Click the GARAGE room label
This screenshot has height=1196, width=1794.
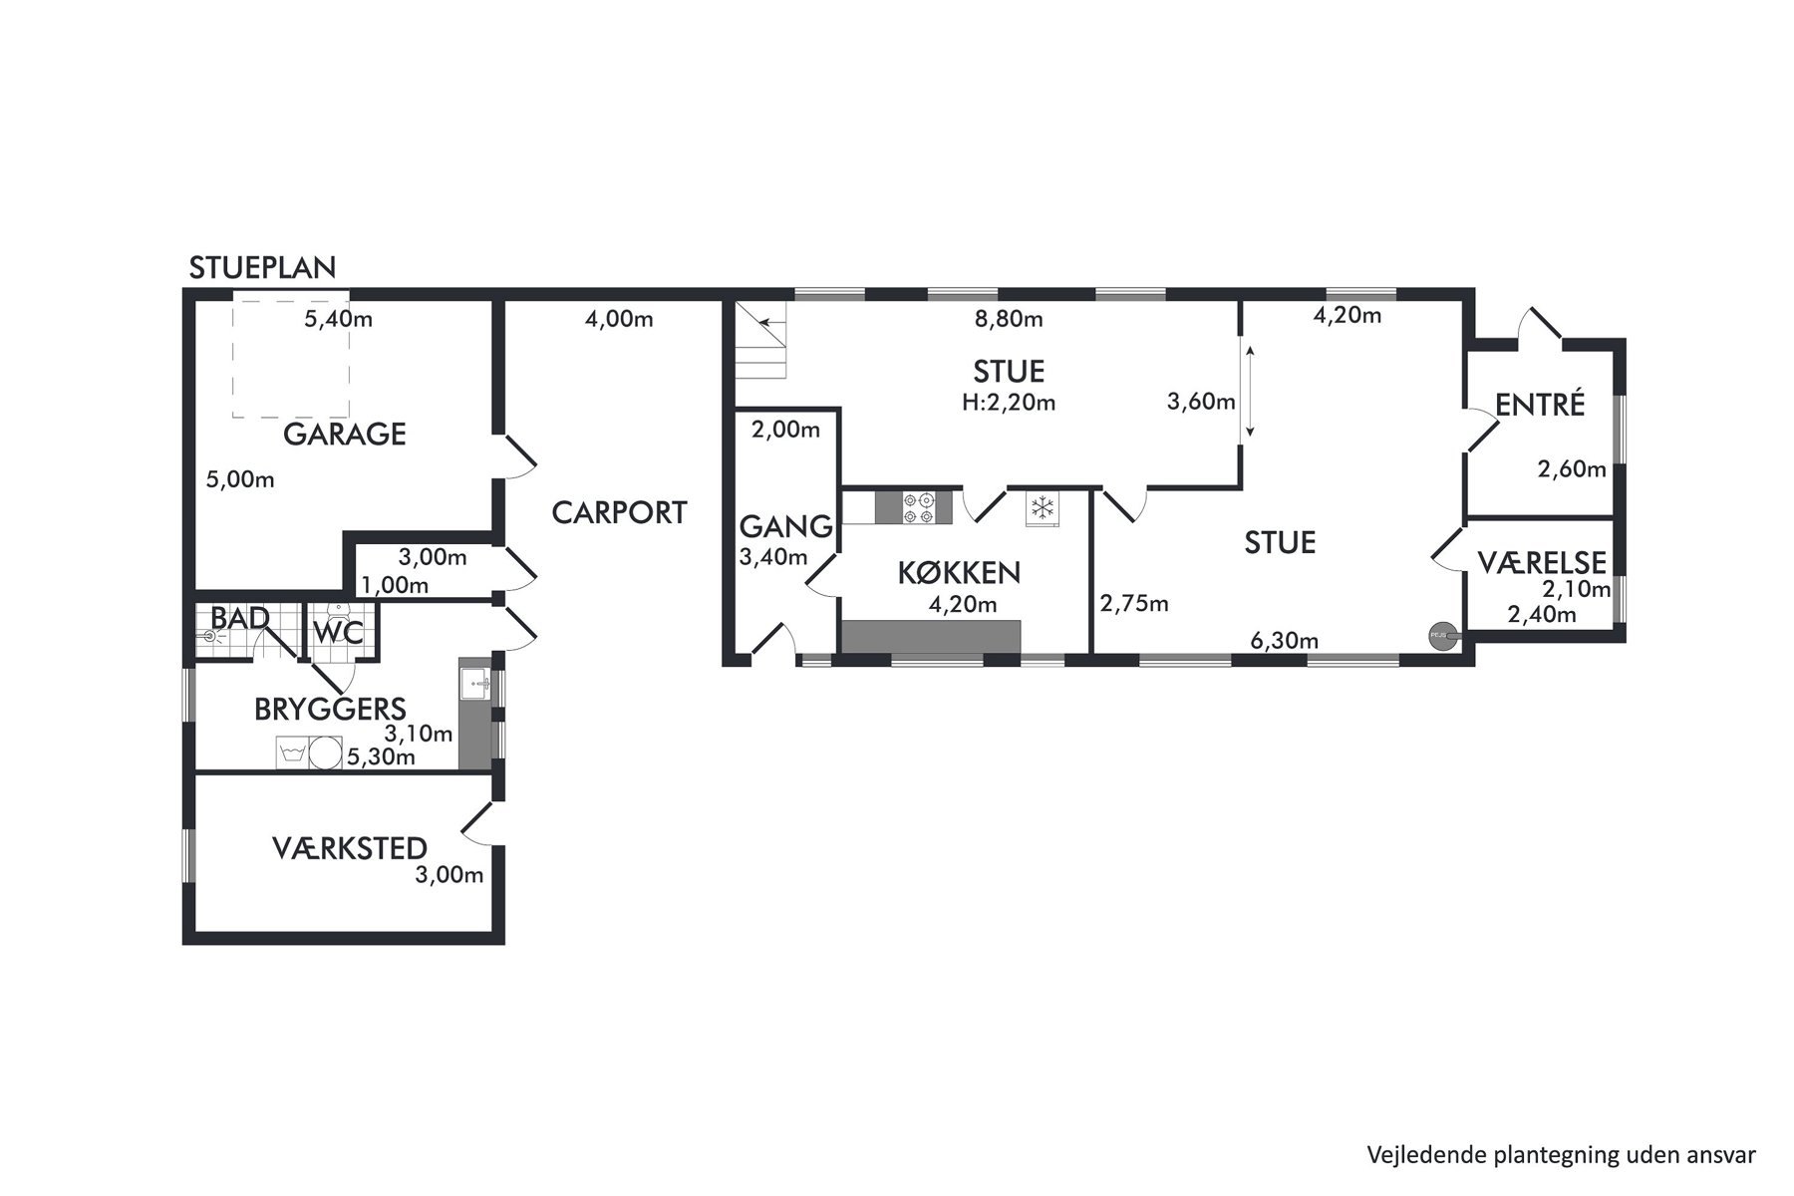tap(345, 435)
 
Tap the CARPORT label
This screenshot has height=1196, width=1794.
tap(619, 512)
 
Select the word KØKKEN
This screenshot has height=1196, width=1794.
tap(959, 573)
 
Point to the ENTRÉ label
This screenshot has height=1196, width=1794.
tap(1540, 405)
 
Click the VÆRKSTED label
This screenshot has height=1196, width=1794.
tap(350, 848)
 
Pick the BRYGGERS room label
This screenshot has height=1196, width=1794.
tap(330, 710)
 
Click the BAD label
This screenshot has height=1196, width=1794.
tap(240, 618)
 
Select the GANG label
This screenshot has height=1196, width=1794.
tap(785, 526)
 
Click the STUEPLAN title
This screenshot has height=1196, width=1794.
tap(262, 268)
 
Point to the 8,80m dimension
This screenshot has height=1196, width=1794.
tap(1009, 319)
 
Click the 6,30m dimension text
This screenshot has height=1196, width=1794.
tap(1285, 641)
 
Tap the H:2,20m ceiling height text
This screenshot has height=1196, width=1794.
tap(1009, 403)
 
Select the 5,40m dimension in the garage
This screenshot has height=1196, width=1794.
tap(339, 319)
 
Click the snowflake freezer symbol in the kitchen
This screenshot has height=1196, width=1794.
tap(1043, 508)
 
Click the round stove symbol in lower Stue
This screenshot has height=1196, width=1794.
tap(1440, 634)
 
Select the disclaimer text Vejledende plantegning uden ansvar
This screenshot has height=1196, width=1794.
tap(1561, 1155)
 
